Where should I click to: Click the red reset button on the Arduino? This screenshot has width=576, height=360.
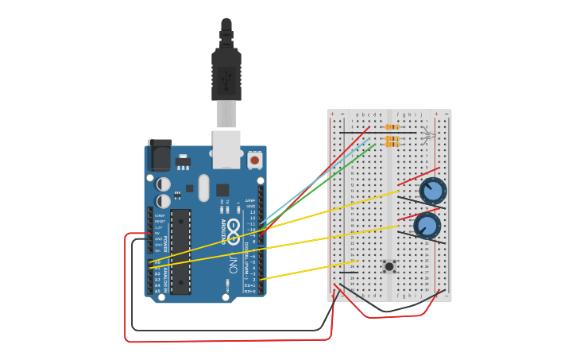pos(254,160)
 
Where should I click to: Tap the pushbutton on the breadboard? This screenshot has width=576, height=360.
pos(389,266)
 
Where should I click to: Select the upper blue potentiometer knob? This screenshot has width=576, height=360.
pos(433,191)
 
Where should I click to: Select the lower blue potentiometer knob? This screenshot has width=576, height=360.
pos(427,226)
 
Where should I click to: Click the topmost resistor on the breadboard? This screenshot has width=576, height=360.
pos(392,127)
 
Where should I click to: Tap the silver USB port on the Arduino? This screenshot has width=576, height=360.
pos(226,149)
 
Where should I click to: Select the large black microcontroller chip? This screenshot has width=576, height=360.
pos(181,250)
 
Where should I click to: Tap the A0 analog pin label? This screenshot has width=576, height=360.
pos(157,261)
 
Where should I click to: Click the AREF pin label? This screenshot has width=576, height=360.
pos(249,200)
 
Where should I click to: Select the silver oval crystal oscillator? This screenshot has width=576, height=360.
pos(203,188)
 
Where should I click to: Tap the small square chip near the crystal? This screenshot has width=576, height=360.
pos(222,190)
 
